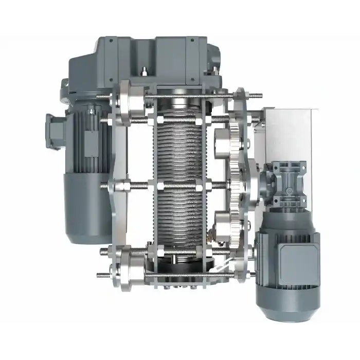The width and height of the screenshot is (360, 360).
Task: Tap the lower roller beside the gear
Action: click(221, 224)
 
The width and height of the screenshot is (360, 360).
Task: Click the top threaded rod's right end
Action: click(257, 95)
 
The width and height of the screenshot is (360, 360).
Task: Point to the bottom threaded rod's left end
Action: click(101, 275)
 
